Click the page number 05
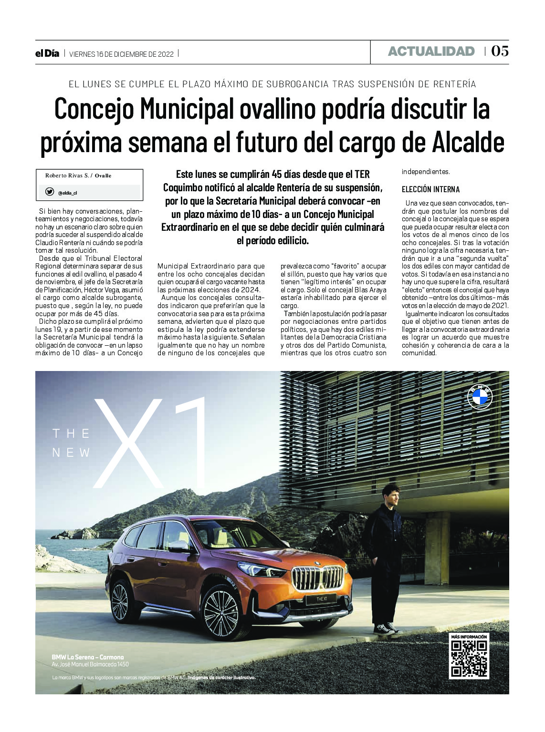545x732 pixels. point(500,51)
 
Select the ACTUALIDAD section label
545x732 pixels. point(431,52)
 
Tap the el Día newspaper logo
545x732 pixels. point(47,54)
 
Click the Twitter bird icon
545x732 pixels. point(50,192)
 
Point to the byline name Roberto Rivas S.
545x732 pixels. point(67,175)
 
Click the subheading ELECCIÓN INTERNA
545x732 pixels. point(430,189)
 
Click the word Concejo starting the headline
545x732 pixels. point(94,109)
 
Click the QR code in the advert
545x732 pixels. point(469,659)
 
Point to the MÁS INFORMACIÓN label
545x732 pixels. point(469,637)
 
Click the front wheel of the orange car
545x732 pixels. point(221,612)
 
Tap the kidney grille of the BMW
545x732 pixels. point(318,577)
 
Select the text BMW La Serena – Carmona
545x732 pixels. point(87,657)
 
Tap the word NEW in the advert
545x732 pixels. point(71,453)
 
